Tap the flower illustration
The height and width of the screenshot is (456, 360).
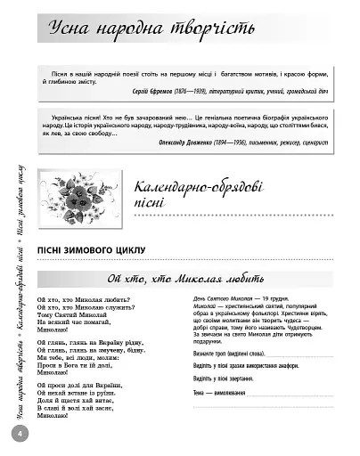(87, 189)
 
